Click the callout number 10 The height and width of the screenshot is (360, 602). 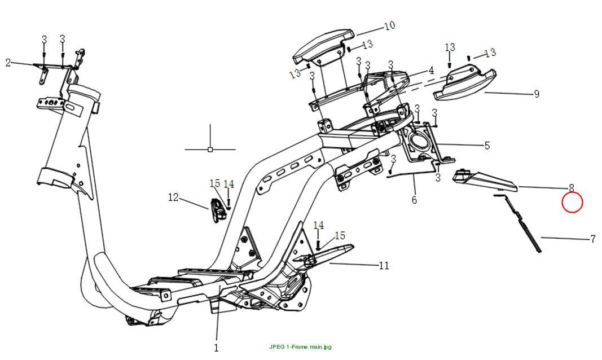click(x=389, y=26)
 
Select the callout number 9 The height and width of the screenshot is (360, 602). click(x=537, y=94)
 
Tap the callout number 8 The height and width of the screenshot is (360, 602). click(x=572, y=188)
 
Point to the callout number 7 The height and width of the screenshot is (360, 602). click(x=593, y=239)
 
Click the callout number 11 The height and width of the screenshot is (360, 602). click(x=384, y=265)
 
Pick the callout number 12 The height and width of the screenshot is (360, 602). click(x=174, y=197)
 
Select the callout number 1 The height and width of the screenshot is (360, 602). click(x=216, y=348)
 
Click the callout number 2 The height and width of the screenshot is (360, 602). click(x=8, y=63)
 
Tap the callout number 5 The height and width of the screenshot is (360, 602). click(x=487, y=146)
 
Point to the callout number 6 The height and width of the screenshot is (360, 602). click(x=414, y=200)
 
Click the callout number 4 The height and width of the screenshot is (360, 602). click(x=431, y=71)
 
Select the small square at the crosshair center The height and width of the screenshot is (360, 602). click(x=210, y=150)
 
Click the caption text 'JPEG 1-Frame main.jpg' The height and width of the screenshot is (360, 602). click(x=300, y=347)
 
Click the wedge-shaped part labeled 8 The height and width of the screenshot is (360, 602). click(x=485, y=179)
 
